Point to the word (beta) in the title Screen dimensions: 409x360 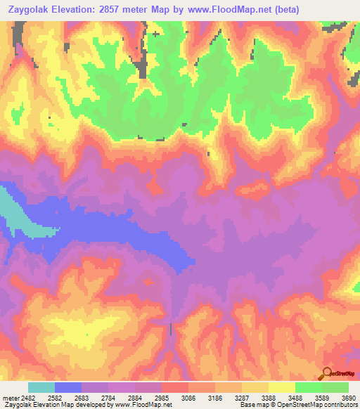coord(298,10)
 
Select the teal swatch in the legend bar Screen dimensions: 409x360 coord(41,387)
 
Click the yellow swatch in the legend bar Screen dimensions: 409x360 coord(282,387)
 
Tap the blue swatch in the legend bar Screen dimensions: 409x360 coord(68,387)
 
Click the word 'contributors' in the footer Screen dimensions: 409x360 coord(341,405)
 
